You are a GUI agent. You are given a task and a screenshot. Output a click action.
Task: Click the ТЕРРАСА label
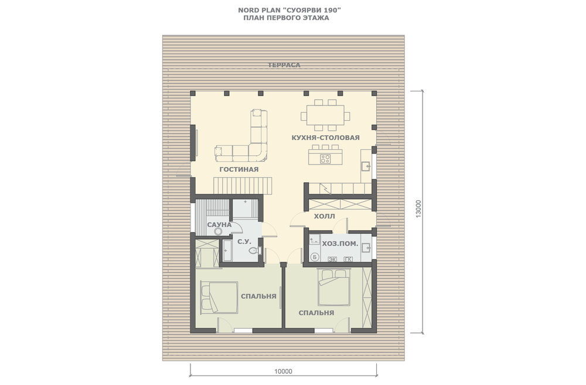point(284,65)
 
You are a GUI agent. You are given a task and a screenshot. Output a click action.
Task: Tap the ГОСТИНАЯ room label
point(239,169)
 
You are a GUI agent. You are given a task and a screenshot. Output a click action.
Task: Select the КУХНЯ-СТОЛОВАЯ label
point(325,138)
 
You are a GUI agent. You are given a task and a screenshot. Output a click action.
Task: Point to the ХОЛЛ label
point(325,216)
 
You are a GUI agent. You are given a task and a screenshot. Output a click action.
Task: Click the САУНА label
point(219,224)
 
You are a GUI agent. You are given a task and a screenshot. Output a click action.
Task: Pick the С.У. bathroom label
point(244,242)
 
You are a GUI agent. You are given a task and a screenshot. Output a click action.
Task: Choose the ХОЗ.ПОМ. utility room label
point(340,244)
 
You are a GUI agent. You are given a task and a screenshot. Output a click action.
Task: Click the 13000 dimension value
point(418,209)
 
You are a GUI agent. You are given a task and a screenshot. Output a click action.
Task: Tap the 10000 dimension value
point(283,372)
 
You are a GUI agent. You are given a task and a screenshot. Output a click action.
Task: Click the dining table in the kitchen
point(325,115)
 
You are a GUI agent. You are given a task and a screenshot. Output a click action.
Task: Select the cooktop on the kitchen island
point(325,159)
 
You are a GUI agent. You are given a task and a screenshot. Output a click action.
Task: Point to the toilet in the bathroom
point(255,250)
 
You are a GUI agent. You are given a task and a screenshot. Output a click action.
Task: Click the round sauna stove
point(218,231)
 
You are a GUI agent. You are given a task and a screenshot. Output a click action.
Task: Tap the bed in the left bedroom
point(219,298)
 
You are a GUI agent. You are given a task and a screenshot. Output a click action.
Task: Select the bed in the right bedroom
point(334,288)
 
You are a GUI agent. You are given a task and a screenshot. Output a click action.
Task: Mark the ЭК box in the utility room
point(332,259)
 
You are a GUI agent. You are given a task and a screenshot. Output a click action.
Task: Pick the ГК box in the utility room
point(348,259)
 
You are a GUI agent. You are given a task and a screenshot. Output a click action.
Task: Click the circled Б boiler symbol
point(315,257)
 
